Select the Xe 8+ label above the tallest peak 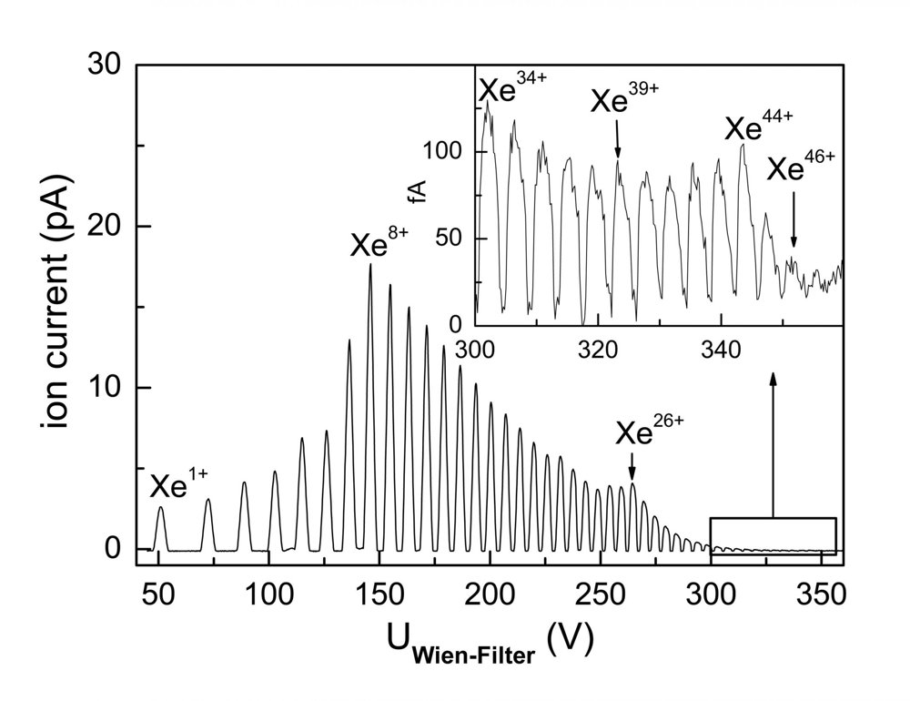[379, 242]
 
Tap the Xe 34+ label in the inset [513, 87]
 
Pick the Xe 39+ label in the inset [624, 97]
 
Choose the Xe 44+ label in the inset [759, 125]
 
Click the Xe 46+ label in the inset [802, 166]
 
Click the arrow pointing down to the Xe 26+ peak [632, 466]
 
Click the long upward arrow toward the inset [773, 444]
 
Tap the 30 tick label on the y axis [105, 64]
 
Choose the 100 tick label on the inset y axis [442, 152]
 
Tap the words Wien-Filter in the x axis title [473, 655]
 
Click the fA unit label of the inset [418, 192]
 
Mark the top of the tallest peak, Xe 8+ [370, 264]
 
